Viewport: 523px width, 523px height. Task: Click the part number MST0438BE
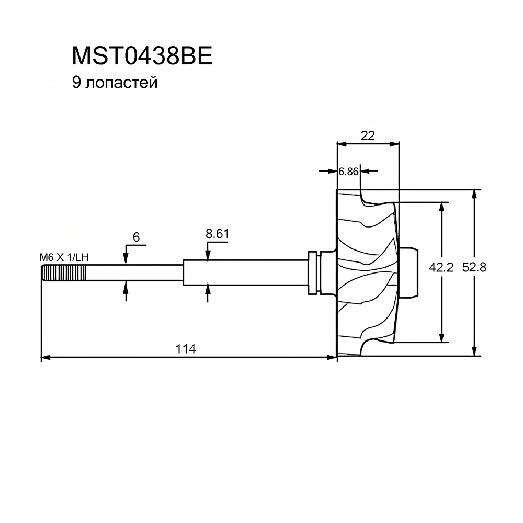click(142, 56)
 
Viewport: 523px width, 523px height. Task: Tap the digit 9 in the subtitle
click(76, 83)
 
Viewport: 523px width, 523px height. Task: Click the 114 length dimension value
click(186, 349)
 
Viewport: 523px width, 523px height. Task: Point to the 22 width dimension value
click(368, 135)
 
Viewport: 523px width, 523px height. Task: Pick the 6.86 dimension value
click(348, 171)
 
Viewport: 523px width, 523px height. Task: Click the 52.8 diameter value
click(475, 267)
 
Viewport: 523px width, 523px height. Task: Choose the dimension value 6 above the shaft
click(136, 237)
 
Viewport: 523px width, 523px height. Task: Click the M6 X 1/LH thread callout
click(63, 257)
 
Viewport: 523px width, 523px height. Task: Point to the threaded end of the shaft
click(63, 274)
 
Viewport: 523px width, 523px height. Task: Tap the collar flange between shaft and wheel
click(314, 272)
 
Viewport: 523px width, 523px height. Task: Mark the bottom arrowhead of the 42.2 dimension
click(442, 337)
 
